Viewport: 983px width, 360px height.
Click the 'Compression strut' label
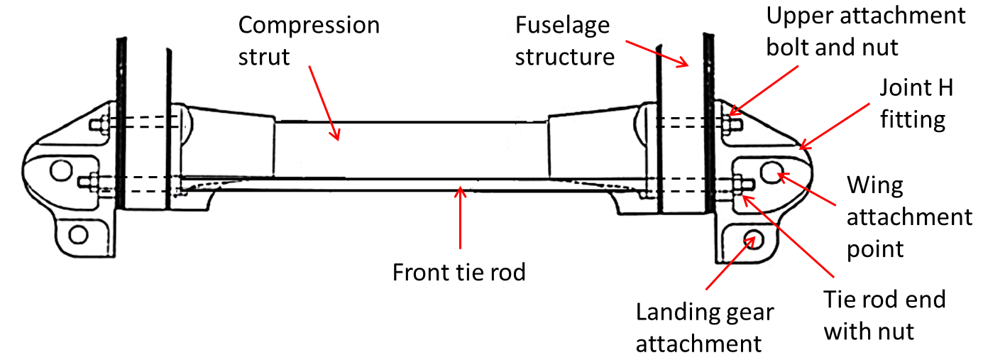[309, 40]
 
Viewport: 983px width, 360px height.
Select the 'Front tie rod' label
[459, 272]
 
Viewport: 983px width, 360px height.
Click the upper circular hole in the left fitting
[60, 170]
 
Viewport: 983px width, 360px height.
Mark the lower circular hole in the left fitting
[77, 234]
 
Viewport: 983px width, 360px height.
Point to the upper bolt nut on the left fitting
[98, 124]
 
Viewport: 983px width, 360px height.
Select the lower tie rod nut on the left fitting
[92, 182]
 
